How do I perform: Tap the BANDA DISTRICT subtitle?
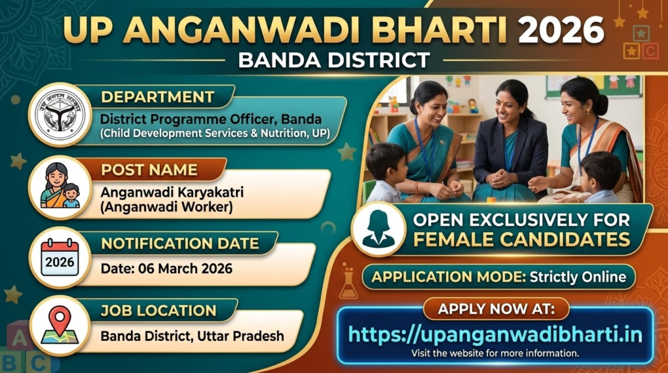click(x=334, y=60)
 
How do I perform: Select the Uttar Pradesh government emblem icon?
click(x=60, y=115)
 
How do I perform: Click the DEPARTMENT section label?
click(x=157, y=98)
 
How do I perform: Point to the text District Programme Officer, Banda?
click(x=211, y=119)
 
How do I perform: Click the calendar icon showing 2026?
click(x=60, y=258)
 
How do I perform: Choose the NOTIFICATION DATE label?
click(x=179, y=244)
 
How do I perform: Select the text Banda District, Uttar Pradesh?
click(x=192, y=336)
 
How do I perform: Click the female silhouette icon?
click(x=378, y=229)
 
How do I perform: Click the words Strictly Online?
click(x=577, y=276)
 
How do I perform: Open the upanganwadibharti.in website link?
click(x=495, y=335)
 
